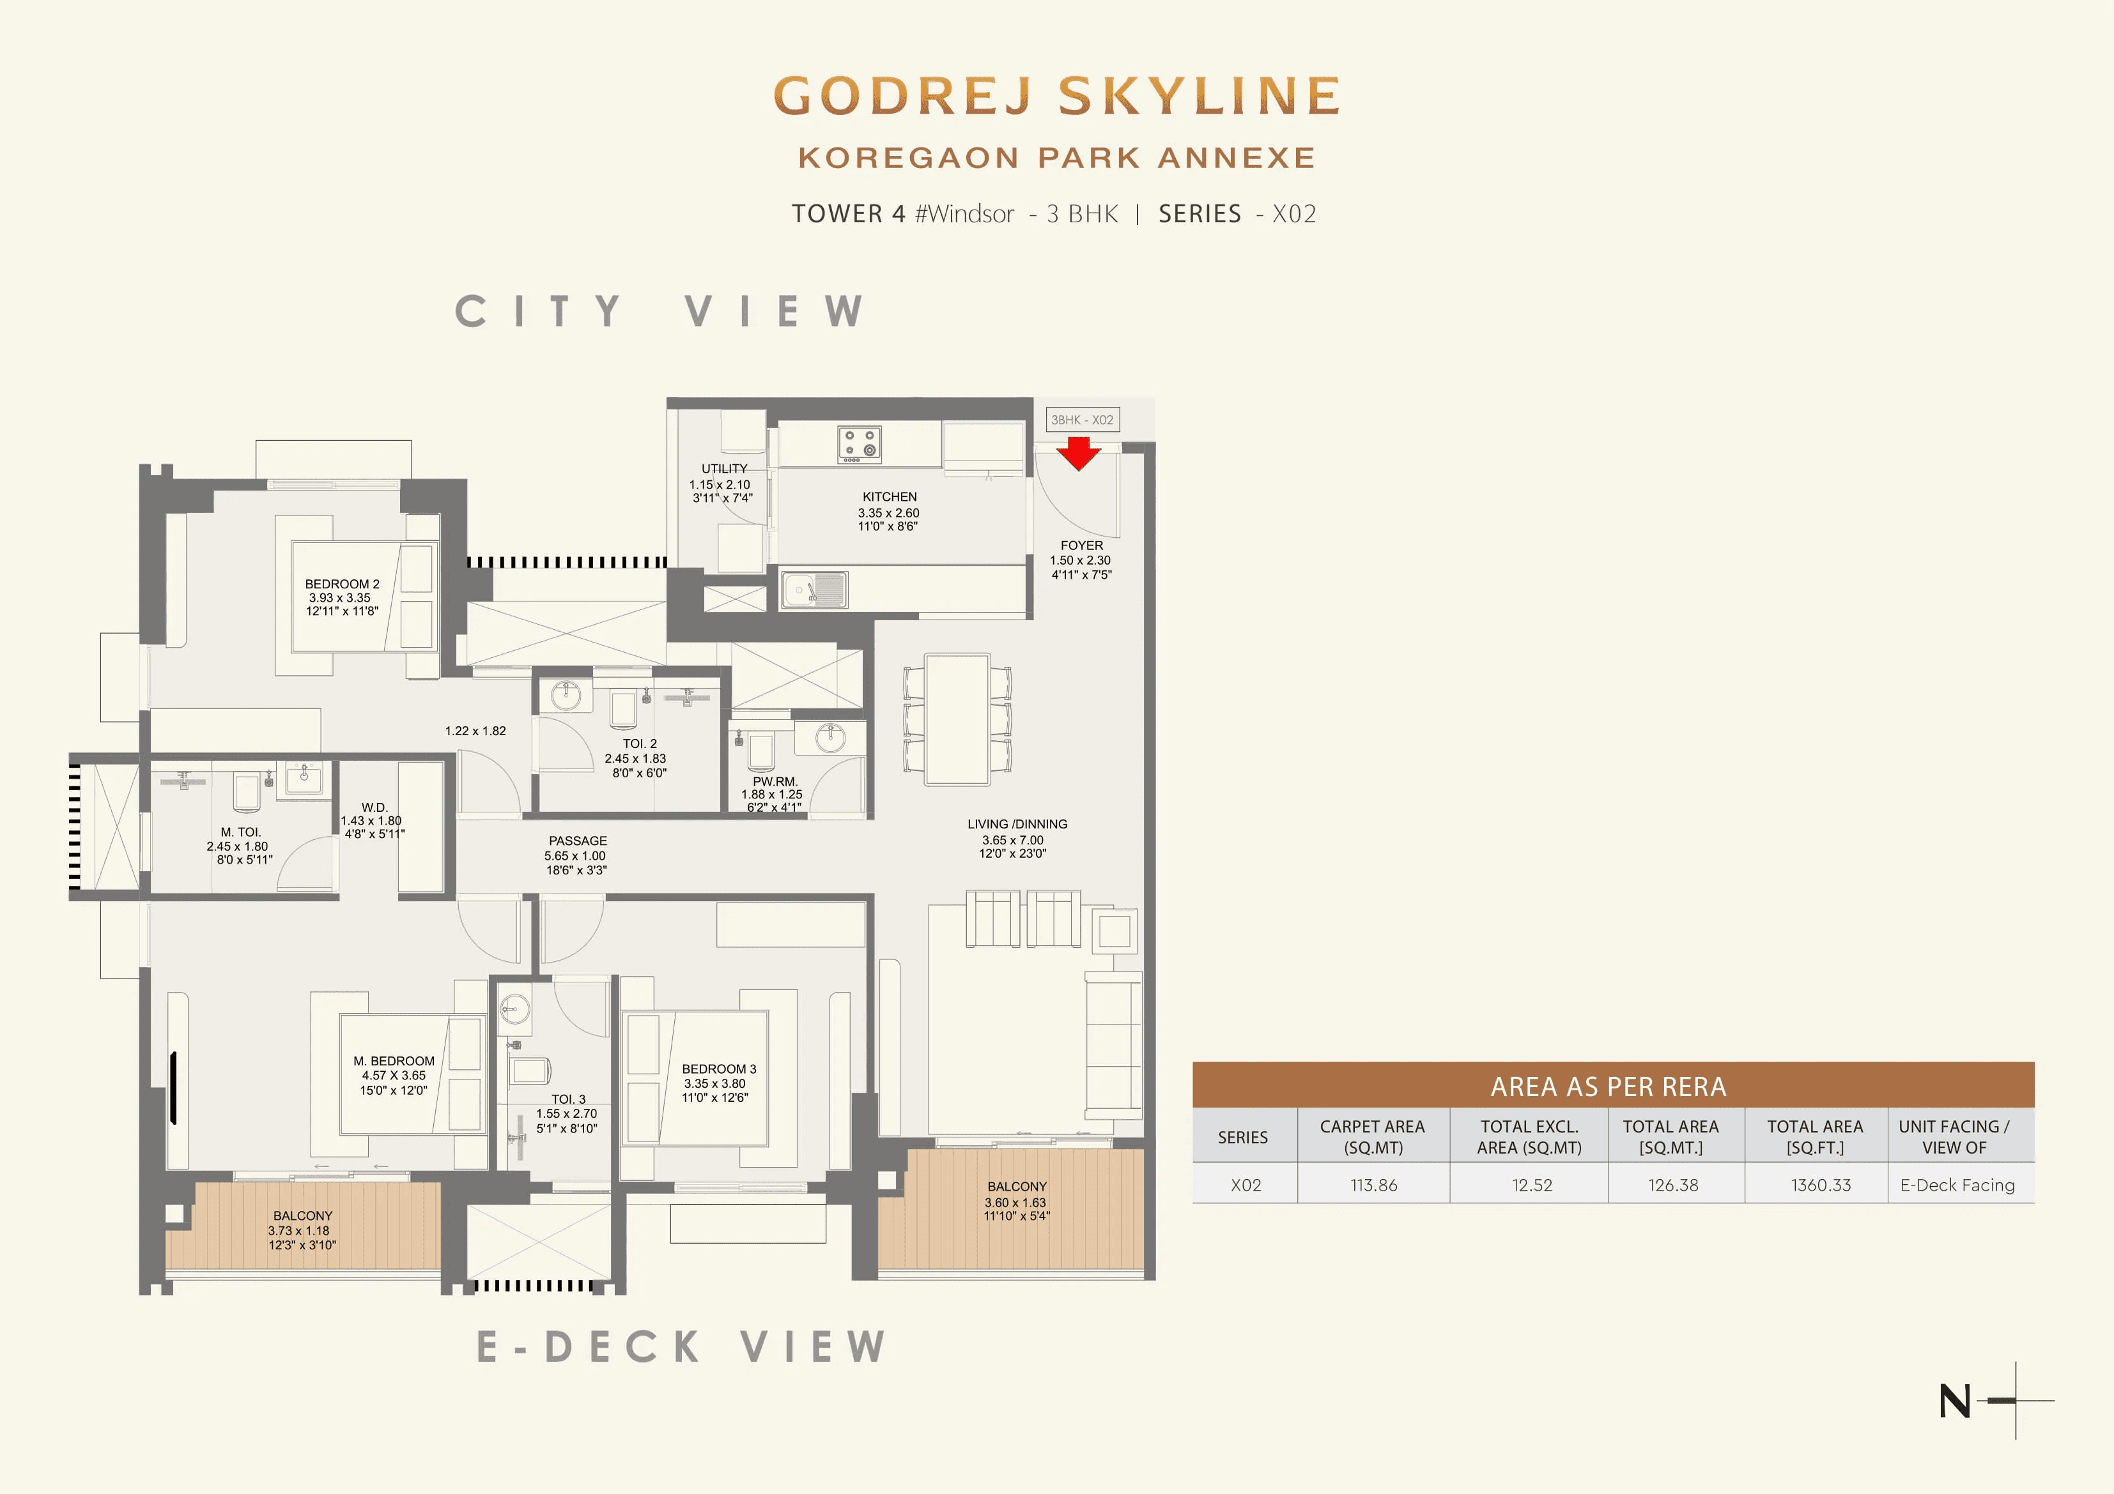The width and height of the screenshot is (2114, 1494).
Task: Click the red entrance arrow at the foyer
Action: [1078, 453]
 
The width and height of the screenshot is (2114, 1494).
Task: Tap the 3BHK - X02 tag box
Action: [1082, 420]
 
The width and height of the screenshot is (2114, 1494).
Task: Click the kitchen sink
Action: [814, 589]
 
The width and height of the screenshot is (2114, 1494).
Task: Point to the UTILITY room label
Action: [723, 469]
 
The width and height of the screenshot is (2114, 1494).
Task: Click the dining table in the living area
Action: [957, 719]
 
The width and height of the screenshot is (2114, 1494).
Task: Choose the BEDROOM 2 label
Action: [342, 584]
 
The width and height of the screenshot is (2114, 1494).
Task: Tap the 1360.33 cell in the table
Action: [1819, 1185]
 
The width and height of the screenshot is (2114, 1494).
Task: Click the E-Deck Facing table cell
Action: [1957, 1185]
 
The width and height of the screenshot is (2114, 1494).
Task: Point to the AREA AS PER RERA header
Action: [1608, 1086]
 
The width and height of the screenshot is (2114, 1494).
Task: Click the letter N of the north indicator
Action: [1954, 1401]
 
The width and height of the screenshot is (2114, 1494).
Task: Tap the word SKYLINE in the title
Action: [1199, 96]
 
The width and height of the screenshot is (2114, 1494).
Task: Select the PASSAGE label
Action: [577, 841]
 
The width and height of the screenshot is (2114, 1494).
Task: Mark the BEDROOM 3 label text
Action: [718, 1069]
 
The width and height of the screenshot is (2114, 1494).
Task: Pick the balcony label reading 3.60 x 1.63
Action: [1015, 1201]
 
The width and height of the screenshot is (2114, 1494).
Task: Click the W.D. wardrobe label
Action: [374, 807]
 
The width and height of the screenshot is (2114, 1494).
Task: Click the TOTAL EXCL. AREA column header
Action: [1529, 1137]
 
